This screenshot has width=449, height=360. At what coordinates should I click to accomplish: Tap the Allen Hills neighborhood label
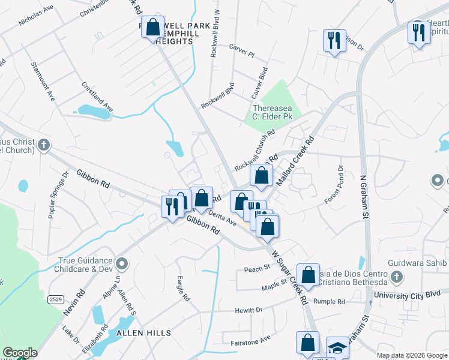click(x=143, y=332)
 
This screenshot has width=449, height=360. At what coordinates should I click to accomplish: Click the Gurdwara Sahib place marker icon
click(x=396, y=276)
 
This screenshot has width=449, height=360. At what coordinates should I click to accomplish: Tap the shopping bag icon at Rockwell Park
click(x=152, y=26)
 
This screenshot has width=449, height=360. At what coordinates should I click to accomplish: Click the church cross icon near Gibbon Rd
click(x=43, y=145)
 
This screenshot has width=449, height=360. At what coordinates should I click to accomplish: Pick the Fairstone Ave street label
click(x=251, y=341)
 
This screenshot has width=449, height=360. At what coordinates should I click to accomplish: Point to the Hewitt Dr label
click(x=249, y=310)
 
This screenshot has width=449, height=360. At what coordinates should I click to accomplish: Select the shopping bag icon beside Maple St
click(x=308, y=275)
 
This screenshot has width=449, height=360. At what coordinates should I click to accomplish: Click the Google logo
click(x=20, y=353)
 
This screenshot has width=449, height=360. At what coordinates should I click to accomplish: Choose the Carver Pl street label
click(x=242, y=49)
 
